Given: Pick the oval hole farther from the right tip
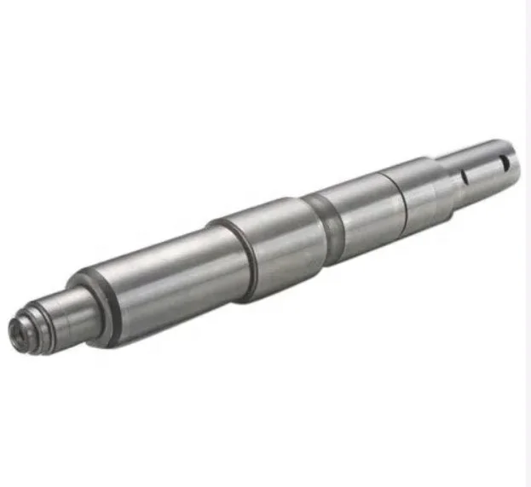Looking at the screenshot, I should tap(466, 175).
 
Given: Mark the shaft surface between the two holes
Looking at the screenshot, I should tap(486, 166).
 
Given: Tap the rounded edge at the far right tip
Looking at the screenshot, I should tap(515, 158).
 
